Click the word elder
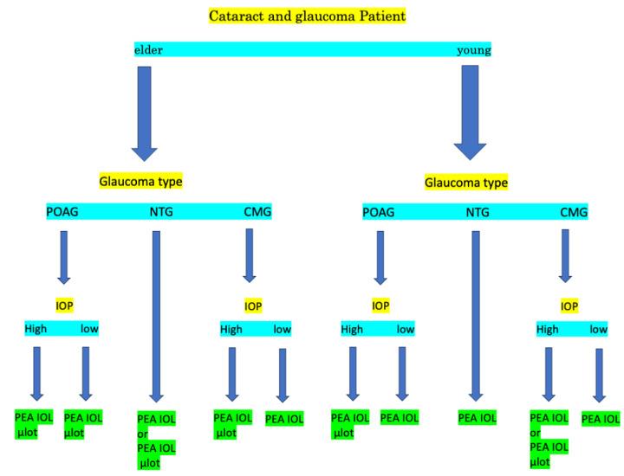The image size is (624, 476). [x=148, y=49]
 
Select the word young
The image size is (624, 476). [x=474, y=49]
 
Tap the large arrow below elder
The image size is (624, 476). [x=144, y=113]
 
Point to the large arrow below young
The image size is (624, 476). [x=471, y=113]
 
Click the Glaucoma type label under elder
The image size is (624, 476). [x=140, y=182]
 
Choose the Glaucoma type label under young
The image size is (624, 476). [x=466, y=183]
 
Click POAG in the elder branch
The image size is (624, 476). [x=62, y=212]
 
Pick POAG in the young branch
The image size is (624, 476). [x=379, y=212]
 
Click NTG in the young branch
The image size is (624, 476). [x=478, y=212]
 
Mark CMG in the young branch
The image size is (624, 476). [x=574, y=212]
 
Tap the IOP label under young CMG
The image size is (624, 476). [x=569, y=306]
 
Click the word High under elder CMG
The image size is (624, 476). [x=231, y=329]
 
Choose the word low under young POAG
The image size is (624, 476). [x=405, y=329]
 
